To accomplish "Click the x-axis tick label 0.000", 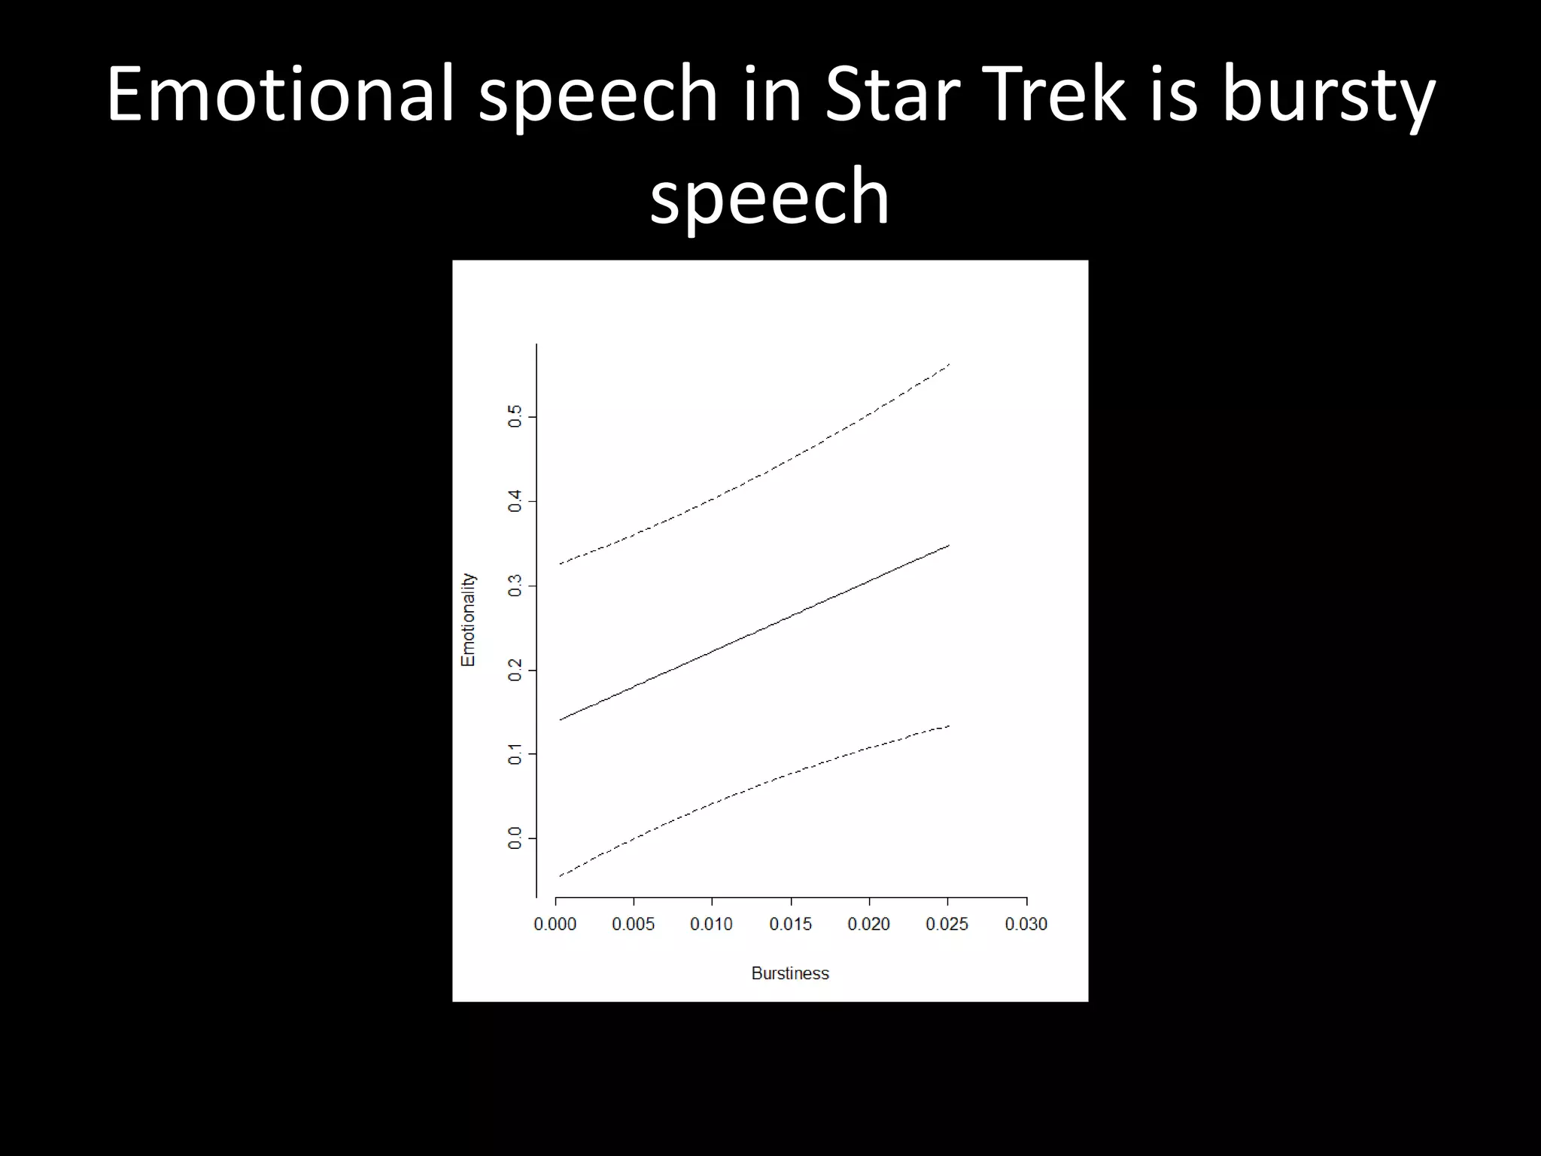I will click(x=555, y=924).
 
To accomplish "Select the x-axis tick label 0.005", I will click(x=633, y=924).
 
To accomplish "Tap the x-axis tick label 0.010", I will click(x=711, y=924).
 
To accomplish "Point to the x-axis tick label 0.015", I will click(x=790, y=924).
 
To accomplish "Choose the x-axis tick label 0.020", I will click(x=868, y=924).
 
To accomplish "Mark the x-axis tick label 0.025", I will click(x=947, y=924).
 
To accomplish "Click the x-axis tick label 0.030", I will click(x=1026, y=924).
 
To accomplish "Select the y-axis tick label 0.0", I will click(x=515, y=838).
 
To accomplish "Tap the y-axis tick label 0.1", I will click(x=515, y=753).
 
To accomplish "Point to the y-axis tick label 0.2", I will click(x=515, y=670).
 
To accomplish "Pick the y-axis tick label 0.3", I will click(x=515, y=586).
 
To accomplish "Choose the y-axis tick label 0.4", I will click(x=515, y=501).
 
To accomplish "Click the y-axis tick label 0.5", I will click(x=515, y=416).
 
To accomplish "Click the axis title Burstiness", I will click(x=790, y=973).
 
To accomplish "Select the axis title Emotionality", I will click(x=468, y=619).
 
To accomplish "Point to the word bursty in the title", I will click(x=1329, y=96).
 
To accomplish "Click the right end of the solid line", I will click(x=949, y=545).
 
